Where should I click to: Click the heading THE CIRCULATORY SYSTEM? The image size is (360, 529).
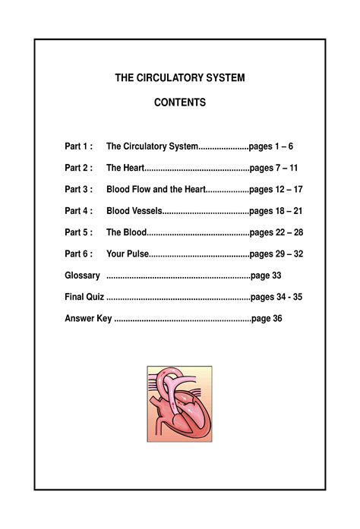tap(179, 78)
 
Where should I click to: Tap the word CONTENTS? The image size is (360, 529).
tap(180, 102)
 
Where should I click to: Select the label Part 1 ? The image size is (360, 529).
tap(79, 146)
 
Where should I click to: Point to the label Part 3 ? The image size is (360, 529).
tap(79, 189)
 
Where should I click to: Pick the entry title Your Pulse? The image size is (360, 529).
tap(128, 253)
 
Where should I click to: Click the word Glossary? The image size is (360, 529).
tap(83, 275)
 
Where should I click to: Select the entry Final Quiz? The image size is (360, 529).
tap(84, 297)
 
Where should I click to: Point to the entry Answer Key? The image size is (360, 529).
tap(88, 318)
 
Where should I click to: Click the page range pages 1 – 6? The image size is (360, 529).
tap(271, 146)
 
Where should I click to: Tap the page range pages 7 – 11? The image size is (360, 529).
tap(273, 168)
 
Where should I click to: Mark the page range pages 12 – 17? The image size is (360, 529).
tap(276, 189)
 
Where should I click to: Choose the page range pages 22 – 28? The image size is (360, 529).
tap(276, 232)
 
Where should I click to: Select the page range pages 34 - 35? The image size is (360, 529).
tap(276, 297)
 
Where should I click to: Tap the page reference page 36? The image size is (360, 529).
tap(267, 318)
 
